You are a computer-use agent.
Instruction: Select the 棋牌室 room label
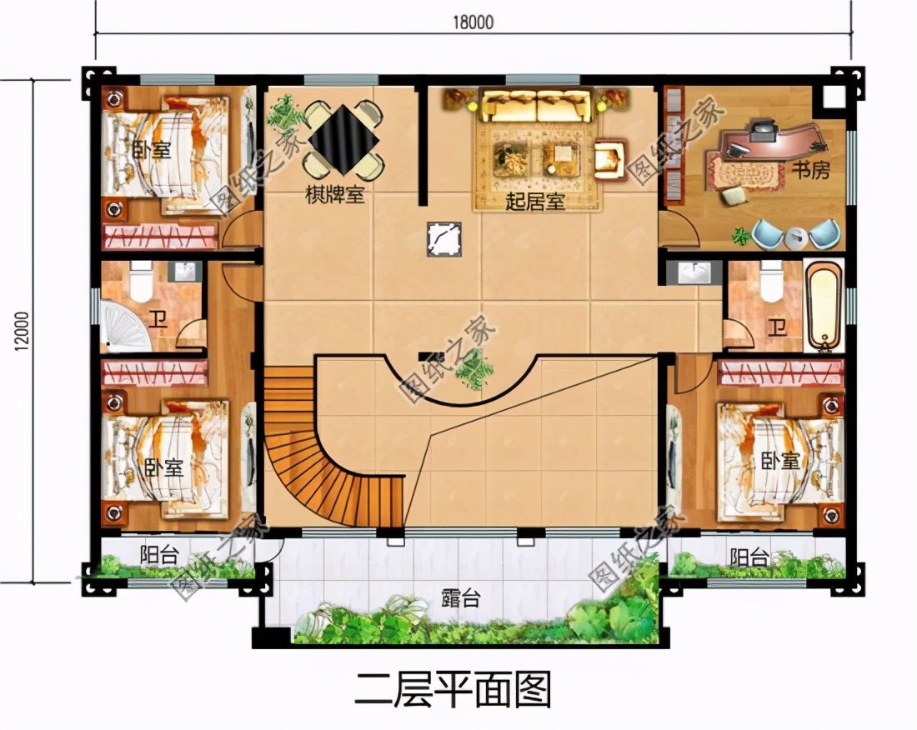(335, 196)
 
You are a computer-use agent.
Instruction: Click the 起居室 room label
(535, 201)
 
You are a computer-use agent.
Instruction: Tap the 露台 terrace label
(460, 598)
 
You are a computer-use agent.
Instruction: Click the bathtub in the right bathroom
(823, 306)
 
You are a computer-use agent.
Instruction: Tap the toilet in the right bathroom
(770, 281)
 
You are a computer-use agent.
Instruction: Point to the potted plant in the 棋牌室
(285, 112)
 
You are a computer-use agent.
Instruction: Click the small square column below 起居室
(441, 240)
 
